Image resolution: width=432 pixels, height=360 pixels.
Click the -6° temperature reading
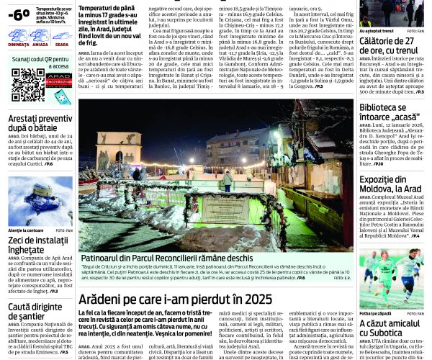click(x=19, y=12)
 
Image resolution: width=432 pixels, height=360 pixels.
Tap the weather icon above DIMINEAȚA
click(x=19, y=33)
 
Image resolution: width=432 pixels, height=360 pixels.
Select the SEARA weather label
click(x=61, y=44)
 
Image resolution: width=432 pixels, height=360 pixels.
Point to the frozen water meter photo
click(x=40, y=201)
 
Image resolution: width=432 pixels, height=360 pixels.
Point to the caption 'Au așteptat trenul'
click(x=377, y=31)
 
